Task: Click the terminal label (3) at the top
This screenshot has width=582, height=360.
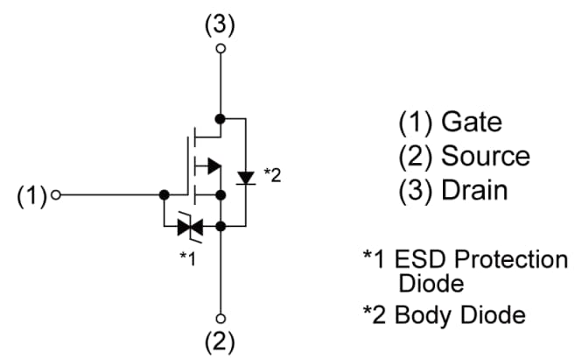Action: pyautogui.click(x=221, y=25)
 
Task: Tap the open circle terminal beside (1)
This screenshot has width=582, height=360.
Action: pyautogui.click(x=57, y=195)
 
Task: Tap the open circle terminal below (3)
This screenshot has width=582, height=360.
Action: pyautogui.click(x=221, y=49)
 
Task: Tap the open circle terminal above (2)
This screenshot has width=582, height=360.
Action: pyautogui.click(x=221, y=317)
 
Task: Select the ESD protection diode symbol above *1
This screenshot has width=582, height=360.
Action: pyautogui.click(x=189, y=228)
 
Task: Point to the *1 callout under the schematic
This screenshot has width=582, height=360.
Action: pyautogui.click(x=187, y=257)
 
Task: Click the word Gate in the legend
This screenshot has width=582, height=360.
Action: pyautogui.click(x=472, y=122)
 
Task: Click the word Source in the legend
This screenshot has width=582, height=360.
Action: pyautogui.click(x=485, y=156)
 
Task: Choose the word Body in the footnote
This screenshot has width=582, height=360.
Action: pyautogui.click(x=419, y=315)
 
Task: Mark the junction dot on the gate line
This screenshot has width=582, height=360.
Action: pyautogui.click(x=164, y=195)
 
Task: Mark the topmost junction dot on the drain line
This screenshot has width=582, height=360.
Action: pyautogui.click(x=221, y=117)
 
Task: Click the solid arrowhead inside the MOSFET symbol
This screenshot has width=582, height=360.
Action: pyautogui.click(x=211, y=165)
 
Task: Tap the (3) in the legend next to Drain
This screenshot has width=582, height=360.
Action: pyautogui.click(x=416, y=190)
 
